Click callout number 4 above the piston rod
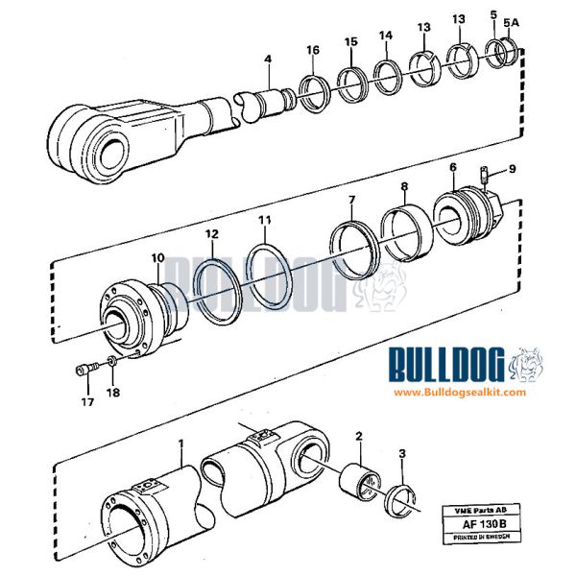click(268, 60)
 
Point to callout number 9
click(513, 168)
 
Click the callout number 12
click(211, 233)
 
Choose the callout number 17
click(85, 404)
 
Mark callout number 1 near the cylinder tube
click(180, 444)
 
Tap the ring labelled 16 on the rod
click(314, 94)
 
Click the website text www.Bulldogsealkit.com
click(459, 393)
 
